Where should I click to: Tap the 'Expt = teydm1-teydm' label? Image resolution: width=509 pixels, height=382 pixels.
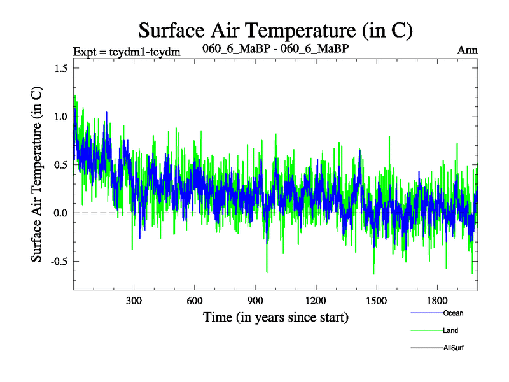tap(127, 52)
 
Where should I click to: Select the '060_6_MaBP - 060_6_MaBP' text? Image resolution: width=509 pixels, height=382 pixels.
tap(275, 48)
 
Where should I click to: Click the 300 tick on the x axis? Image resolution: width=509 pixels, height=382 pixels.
tap(134, 301)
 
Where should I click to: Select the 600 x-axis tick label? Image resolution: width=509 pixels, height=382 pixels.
tap(195, 301)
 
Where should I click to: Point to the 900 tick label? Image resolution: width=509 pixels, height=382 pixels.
tap(255, 301)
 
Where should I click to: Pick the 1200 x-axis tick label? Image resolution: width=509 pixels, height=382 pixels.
tap(316, 301)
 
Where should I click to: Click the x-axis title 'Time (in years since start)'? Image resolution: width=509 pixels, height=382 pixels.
tap(275, 316)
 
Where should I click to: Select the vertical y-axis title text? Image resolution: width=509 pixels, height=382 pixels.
tap(38, 173)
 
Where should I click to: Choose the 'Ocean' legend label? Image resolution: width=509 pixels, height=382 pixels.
tap(452, 313)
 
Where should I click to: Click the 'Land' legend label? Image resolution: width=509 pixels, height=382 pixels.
tap(450, 330)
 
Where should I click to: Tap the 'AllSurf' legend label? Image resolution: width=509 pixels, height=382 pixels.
tap(454, 348)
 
